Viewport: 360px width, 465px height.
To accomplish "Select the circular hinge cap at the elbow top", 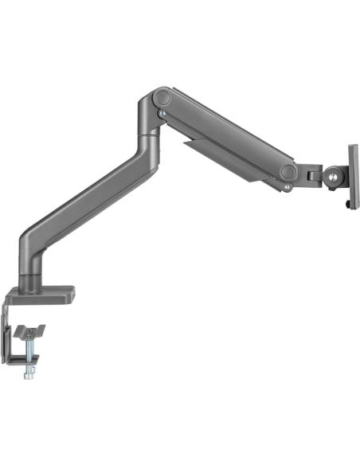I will [162, 99].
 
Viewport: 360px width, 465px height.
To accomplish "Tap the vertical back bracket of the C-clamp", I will [10, 334].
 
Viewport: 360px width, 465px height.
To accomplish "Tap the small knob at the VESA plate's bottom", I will [347, 205].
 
